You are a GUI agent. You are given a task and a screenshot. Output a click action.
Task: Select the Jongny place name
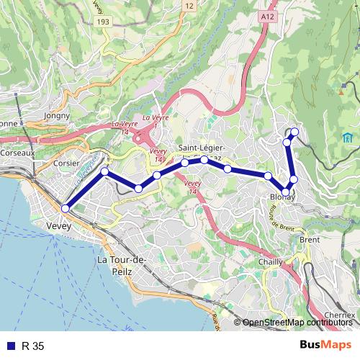point(57,114)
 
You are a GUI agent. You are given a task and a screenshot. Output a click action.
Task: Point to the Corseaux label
point(17,153)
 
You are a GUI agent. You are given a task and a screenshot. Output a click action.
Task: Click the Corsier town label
point(67,163)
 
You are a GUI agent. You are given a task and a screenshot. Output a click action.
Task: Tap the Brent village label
point(309,240)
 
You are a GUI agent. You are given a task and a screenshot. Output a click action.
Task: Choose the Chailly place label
point(270,263)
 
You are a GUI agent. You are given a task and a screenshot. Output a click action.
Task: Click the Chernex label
point(339,315)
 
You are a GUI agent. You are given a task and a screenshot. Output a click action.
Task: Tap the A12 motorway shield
point(269,14)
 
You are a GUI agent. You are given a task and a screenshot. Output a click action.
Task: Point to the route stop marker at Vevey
point(65,208)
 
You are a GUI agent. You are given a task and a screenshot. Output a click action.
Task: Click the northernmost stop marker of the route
point(294,131)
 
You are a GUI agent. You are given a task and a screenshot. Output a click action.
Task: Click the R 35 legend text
point(33,346)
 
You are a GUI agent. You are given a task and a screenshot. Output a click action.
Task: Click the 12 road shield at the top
point(189,6)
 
